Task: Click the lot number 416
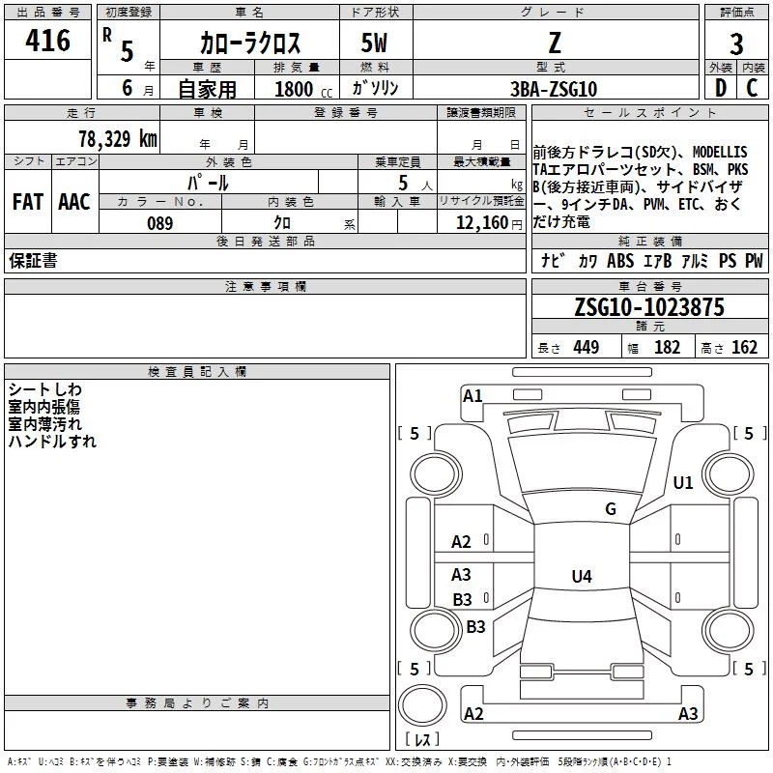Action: click(47, 41)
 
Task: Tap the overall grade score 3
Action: click(736, 44)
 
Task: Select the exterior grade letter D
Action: click(721, 88)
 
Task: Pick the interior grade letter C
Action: click(752, 88)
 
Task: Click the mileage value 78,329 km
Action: click(118, 139)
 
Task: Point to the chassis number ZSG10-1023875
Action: click(649, 307)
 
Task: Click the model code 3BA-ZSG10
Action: click(554, 89)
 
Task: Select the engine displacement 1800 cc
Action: click(303, 89)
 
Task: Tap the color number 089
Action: click(159, 223)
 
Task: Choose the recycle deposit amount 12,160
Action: click(482, 223)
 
